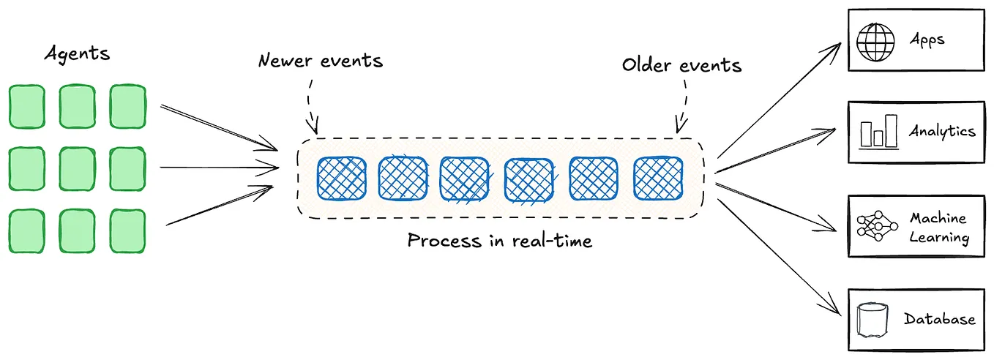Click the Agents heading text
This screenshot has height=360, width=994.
coord(77,54)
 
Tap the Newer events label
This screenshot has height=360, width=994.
coord(320,60)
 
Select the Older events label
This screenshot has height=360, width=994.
coord(681,64)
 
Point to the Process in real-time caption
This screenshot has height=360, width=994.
coord(499,240)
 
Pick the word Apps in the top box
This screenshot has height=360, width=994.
coord(927,40)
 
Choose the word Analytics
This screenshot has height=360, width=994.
coord(941,132)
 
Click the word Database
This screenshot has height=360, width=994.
coord(939,319)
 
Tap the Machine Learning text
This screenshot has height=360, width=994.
coord(939,228)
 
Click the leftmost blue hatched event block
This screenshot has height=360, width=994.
coord(341,178)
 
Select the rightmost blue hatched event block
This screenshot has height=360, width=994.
coord(658,178)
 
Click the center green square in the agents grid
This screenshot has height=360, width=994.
coord(77,168)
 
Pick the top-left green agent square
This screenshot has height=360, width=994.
coord(27,105)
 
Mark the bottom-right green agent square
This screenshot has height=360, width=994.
coord(127,230)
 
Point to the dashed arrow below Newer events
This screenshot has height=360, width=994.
coord(310,102)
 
